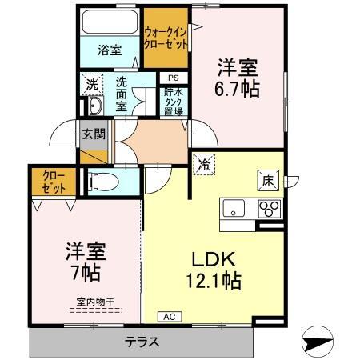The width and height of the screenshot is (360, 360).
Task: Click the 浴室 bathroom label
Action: click(110, 50)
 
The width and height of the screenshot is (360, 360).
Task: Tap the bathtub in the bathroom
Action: click(110, 21)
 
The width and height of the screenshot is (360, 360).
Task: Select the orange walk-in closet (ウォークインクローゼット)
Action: click(166, 37)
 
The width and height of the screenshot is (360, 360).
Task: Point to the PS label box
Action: click(172, 78)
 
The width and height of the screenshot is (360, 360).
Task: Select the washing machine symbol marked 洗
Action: click(92, 83)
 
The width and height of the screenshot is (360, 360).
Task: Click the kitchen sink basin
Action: click(234, 211)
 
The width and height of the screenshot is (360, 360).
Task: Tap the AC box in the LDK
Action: click(169, 317)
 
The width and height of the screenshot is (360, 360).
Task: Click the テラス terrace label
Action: click(141, 342)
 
